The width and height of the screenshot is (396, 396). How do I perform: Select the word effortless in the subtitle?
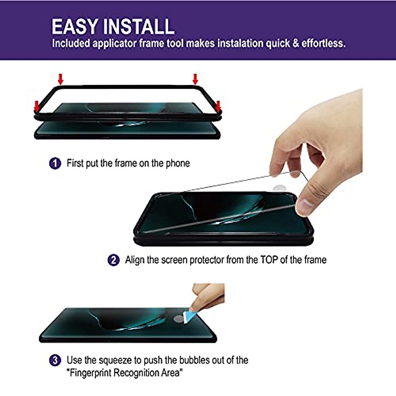pyautogui.click(x=323, y=43)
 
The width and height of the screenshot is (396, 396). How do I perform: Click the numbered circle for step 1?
pyautogui.click(x=55, y=163)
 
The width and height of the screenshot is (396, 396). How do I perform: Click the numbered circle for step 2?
pyautogui.click(x=113, y=260)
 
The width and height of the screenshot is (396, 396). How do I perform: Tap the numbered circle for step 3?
pyautogui.click(x=55, y=360)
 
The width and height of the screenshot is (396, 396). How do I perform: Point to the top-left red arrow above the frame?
pyautogui.click(x=60, y=79)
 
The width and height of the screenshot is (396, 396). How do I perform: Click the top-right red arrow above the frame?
pyautogui.click(x=195, y=79)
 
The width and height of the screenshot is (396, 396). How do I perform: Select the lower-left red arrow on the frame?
pyautogui.click(x=37, y=106)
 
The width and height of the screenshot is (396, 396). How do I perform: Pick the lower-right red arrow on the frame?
pyautogui.click(x=218, y=106)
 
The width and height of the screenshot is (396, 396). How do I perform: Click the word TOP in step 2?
pyautogui.click(x=269, y=260)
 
